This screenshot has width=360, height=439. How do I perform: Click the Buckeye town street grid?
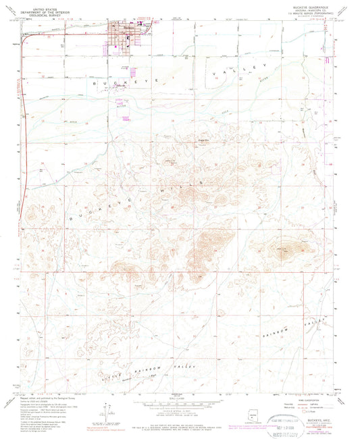pyautogui.click(x=126, y=37)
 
